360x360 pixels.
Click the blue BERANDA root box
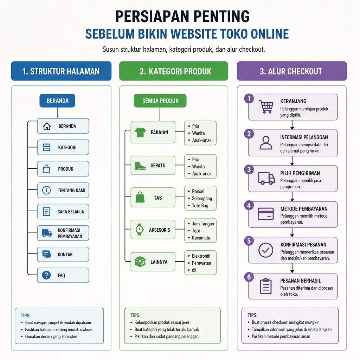tap(57, 101)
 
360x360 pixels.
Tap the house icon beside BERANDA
tap(47, 126)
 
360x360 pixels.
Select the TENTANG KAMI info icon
tap(46, 190)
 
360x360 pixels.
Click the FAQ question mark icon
tap(46, 275)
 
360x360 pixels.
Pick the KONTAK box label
tap(65, 255)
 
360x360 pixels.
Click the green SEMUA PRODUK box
tap(160, 101)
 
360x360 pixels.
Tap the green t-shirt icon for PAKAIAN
tap(140, 132)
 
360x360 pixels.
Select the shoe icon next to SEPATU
tap(140, 165)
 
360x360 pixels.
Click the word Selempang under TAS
tap(202, 198)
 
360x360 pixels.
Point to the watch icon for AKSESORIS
tap(139, 229)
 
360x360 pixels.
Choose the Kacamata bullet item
tap(201, 238)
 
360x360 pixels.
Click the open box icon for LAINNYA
tap(140, 262)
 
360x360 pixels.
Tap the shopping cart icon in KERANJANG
tap(266, 107)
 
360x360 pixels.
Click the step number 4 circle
tap(249, 205)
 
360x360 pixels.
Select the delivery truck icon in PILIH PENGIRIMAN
tap(266, 178)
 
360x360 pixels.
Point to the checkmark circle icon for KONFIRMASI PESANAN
tap(266, 250)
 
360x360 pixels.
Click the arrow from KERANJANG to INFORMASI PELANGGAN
tap(292, 125)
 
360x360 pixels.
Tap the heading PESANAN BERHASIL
tap(301, 281)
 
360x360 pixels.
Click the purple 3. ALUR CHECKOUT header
tap(291, 71)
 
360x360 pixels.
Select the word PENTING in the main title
tap(221, 16)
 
